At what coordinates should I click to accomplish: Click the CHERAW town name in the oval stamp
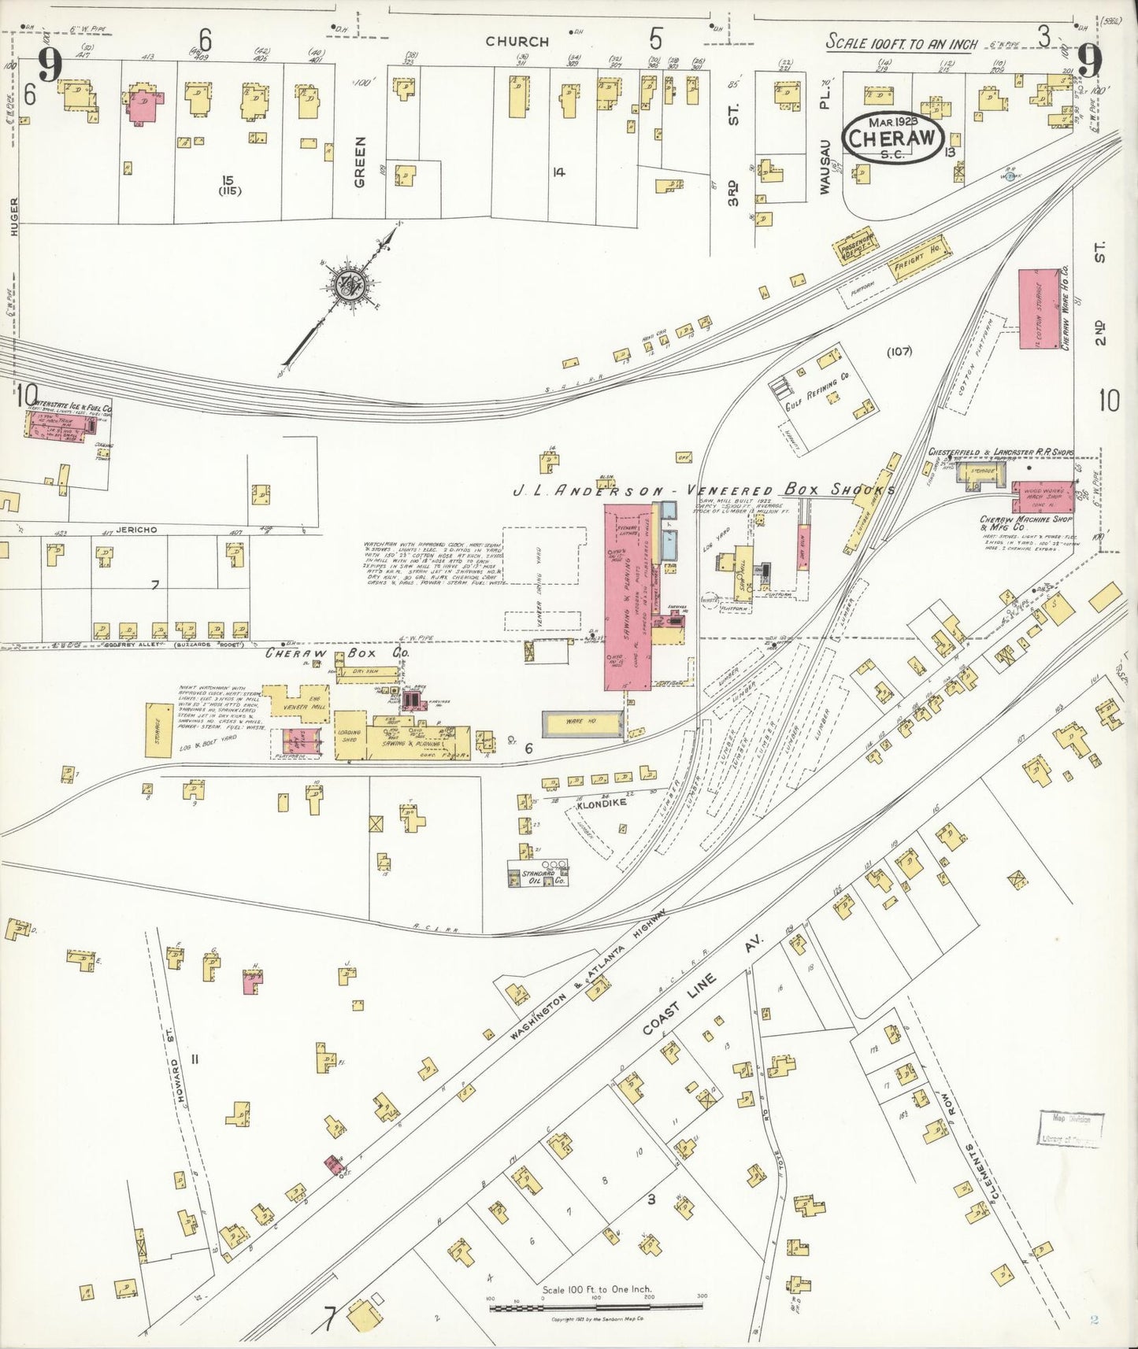(892, 138)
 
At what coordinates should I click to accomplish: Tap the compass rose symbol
(347, 285)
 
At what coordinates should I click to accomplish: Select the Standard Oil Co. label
(540, 877)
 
